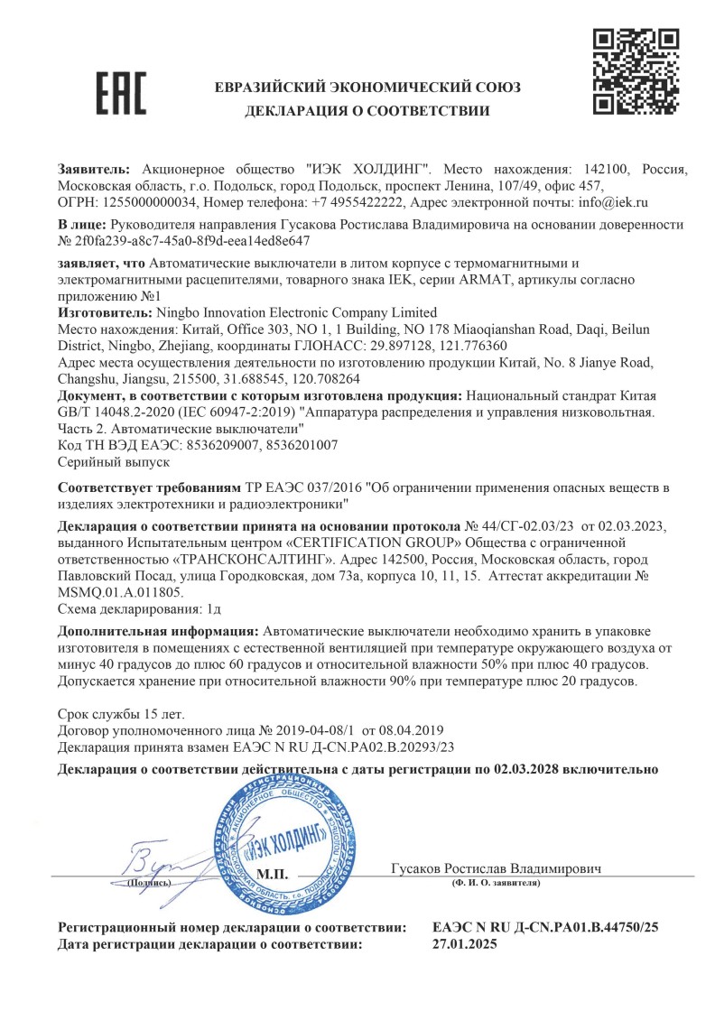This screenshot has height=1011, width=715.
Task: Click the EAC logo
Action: click(x=119, y=93)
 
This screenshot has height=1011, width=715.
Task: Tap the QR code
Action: click(x=635, y=71)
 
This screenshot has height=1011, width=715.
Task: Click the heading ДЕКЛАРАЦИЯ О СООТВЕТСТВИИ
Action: click(x=367, y=111)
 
